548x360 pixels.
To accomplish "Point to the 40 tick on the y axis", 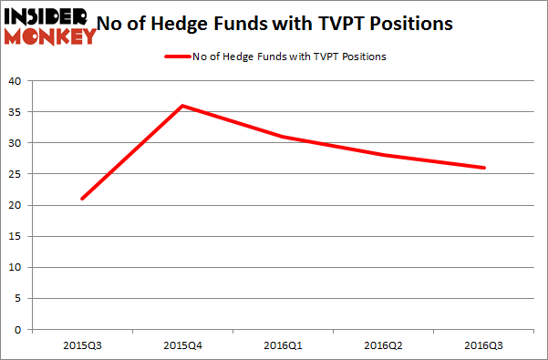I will point(16,82).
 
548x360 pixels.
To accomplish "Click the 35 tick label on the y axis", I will point(16,113).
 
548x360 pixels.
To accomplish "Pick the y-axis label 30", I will point(16,144).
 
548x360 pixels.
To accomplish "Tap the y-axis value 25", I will point(16,175).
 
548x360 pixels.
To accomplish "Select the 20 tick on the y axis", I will point(16,206).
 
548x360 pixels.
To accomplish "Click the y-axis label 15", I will point(16,237).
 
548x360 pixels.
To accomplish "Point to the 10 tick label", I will point(16,268).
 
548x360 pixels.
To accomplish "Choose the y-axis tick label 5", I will point(18,299).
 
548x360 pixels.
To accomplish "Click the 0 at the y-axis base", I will point(18,330).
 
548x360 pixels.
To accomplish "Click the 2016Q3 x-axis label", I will point(484,345).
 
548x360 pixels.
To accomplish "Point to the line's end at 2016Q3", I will point(484,168).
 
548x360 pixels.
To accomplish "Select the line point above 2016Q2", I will point(384,155).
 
